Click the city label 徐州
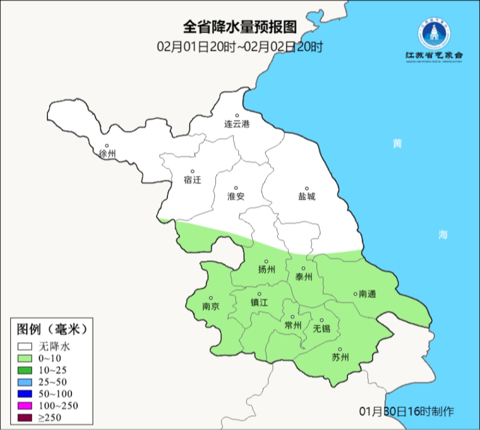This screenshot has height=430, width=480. click(107, 154)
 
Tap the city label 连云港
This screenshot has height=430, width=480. click(236, 124)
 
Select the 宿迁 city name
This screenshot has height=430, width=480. click(192, 180)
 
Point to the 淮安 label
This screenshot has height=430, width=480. click(236, 196)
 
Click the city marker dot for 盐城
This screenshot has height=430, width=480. click(306, 189)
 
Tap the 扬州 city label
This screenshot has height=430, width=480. click(266, 269)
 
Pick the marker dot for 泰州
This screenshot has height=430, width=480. click(304, 268)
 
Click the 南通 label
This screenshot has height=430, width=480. click(367, 294)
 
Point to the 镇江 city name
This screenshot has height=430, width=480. click(259, 302)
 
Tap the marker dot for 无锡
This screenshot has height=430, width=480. click(322, 320)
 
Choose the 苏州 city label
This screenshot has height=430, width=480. click(340, 358)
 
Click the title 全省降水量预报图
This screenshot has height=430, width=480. click(240, 27)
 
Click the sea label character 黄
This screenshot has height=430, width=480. click(397, 144)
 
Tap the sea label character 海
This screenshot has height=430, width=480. click(443, 235)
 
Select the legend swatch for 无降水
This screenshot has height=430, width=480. click(24, 347)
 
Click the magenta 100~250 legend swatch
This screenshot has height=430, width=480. click(24, 406)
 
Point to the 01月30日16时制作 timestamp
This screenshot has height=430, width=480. click(407, 411)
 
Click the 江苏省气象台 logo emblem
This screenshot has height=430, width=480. click(433, 35)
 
